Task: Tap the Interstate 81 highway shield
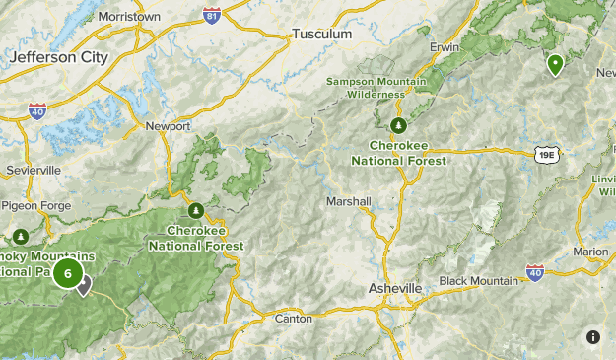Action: (210, 16)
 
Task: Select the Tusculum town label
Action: (321, 35)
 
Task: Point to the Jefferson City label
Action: (58, 58)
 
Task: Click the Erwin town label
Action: (445, 46)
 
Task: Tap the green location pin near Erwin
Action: (556, 65)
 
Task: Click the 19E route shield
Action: (548, 154)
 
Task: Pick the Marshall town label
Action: (348, 201)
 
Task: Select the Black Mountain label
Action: (478, 281)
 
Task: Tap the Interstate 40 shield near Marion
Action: (535, 271)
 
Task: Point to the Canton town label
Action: (293, 318)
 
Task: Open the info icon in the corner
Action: (593, 337)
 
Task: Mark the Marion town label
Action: (591, 252)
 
